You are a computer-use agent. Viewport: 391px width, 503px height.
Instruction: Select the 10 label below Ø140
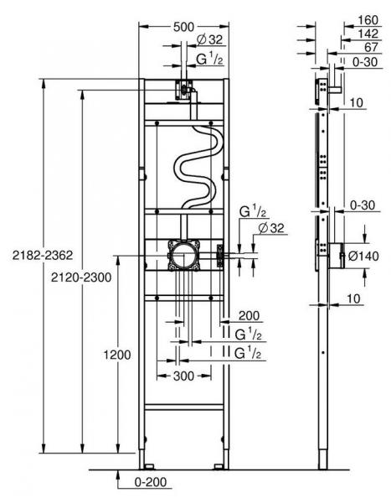coord(355,298)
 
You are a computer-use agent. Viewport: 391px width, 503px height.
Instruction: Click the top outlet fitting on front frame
coord(183,90)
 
